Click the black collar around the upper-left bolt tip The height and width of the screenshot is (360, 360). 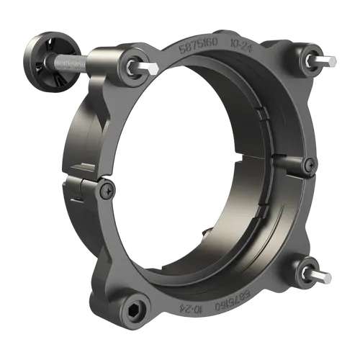[135, 65]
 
